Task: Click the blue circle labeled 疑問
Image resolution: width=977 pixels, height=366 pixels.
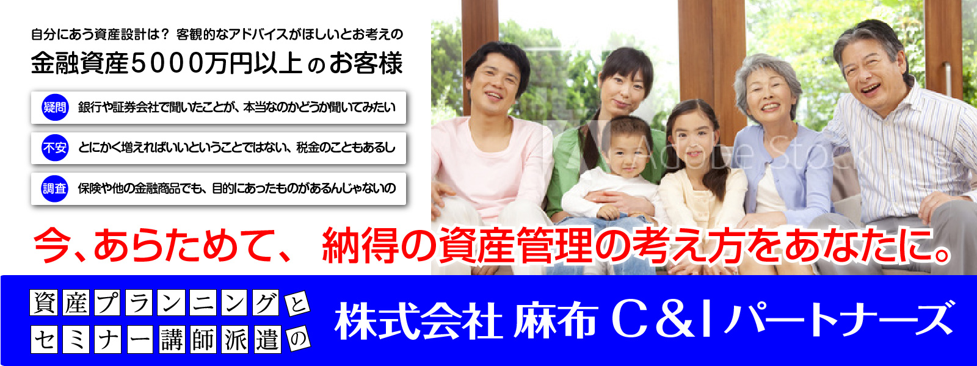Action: tap(54, 107)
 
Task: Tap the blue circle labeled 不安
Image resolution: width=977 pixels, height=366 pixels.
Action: tap(54, 148)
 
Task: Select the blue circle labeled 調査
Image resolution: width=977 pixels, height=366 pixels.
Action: tap(54, 188)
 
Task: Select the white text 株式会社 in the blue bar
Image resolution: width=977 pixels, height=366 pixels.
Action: tap(418, 323)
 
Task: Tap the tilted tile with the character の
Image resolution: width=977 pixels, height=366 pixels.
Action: tap(297, 339)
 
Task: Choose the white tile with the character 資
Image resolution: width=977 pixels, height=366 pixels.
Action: tap(44, 303)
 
